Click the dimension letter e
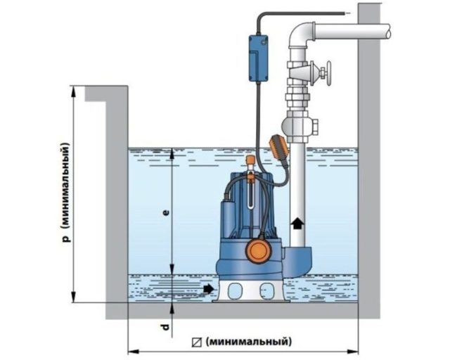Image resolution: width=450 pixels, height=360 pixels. (x=166, y=213)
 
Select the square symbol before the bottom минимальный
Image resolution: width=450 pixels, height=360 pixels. (x=197, y=342)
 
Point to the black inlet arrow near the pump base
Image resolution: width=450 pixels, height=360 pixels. (x=209, y=288)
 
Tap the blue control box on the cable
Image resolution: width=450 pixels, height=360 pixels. (x=258, y=58)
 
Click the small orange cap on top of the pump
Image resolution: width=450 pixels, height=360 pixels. (x=251, y=159)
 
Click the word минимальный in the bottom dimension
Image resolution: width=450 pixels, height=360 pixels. (x=248, y=342)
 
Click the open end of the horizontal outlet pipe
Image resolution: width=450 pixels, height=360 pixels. (x=388, y=30)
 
